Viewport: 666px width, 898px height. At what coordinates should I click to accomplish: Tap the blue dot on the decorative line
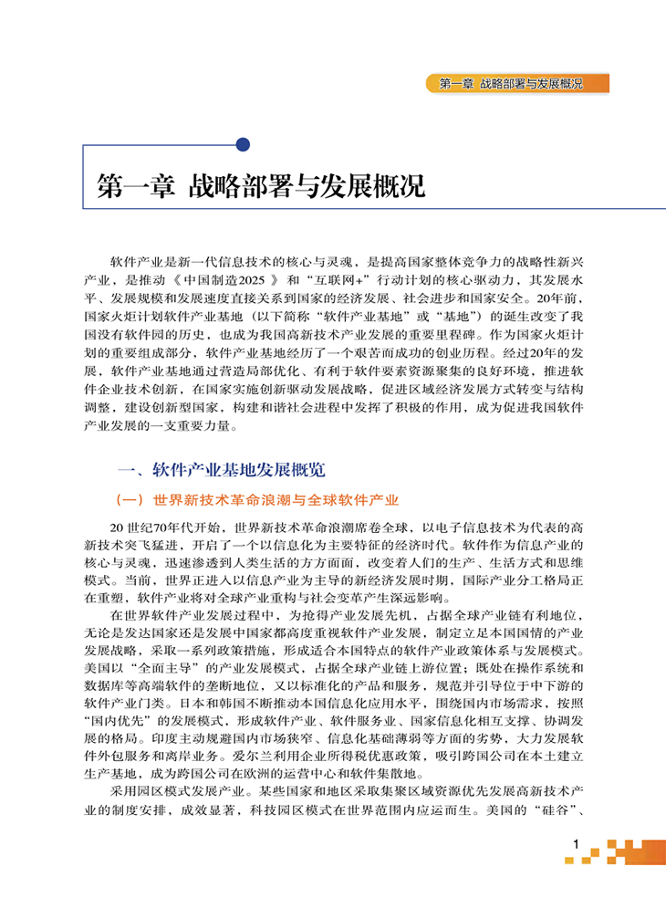243,144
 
